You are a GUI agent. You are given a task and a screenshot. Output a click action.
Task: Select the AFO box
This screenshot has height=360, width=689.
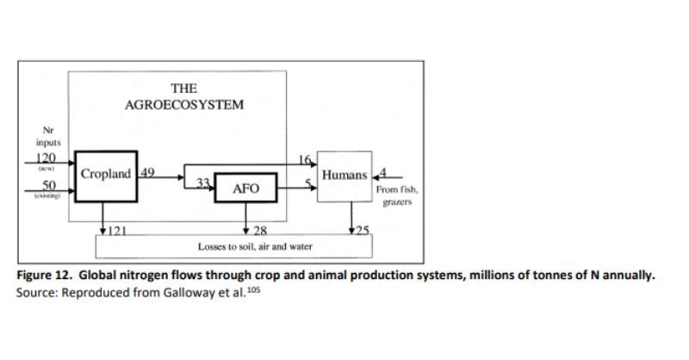246,189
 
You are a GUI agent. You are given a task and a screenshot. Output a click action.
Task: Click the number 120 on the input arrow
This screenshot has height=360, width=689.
46,158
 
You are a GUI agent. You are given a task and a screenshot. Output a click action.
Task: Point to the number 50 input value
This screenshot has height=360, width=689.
48,186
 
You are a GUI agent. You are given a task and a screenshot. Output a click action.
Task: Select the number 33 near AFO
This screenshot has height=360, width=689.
203,183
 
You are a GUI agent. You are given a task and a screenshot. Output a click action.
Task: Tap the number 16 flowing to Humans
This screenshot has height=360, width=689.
302,159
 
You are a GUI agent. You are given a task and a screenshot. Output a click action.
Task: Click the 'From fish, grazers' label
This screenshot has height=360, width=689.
397,196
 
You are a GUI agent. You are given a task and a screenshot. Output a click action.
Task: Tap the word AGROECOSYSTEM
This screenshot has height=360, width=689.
184,105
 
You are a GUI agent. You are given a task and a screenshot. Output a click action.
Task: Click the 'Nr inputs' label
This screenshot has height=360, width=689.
47,137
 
